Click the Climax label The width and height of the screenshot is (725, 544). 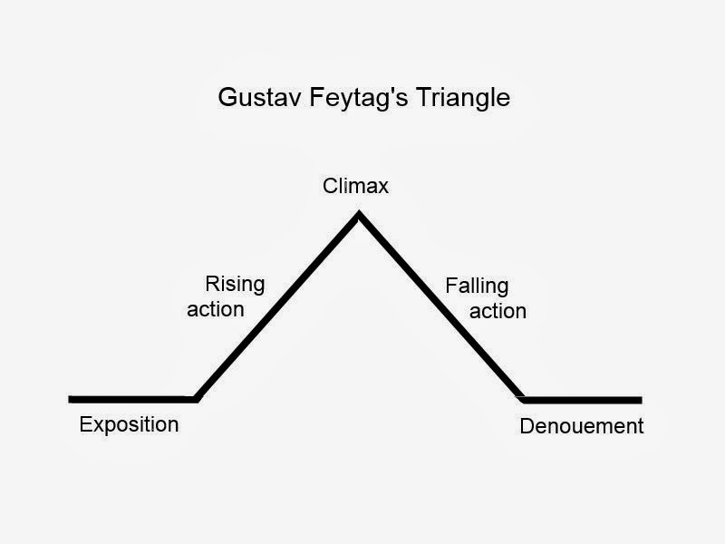click(355, 187)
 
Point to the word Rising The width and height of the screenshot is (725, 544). click(235, 285)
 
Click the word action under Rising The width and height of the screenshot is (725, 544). click(216, 309)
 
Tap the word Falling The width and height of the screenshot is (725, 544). click(477, 287)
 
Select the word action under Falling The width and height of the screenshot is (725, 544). click(498, 311)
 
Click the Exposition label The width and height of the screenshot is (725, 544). click(129, 424)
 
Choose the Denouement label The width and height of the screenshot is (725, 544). click(581, 426)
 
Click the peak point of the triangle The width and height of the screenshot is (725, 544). click(359, 214)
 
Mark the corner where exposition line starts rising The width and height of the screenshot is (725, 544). click(196, 398)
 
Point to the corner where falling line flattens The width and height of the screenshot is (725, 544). click(523, 398)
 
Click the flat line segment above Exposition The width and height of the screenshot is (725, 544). click(131, 399)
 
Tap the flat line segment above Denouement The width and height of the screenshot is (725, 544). click(583, 399)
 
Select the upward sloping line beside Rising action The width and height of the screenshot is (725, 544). click(277, 306)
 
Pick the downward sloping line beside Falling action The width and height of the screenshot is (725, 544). click(441, 306)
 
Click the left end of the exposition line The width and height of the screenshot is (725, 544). click(71, 399)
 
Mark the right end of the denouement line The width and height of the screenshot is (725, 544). click(640, 399)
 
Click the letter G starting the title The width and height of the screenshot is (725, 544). click(227, 97)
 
